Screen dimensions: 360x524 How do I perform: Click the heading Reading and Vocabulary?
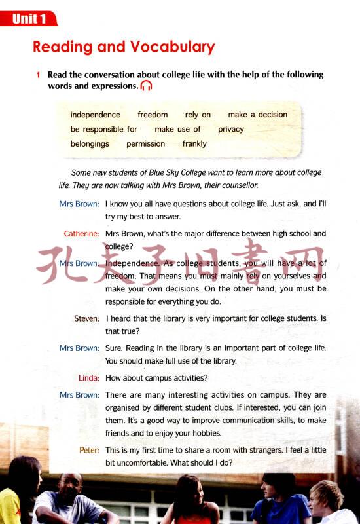(x=124, y=47)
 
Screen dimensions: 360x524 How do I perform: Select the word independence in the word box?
(x=95, y=115)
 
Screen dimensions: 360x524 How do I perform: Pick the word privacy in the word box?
(x=231, y=129)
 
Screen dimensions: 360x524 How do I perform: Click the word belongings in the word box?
(x=90, y=143)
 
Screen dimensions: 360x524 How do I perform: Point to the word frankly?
(x=194, y=143)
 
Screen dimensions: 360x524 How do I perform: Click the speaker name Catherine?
(x=81, y=234)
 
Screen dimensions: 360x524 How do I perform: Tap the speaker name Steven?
(x=86, y=318)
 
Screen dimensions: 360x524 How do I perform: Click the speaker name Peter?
(x=89, y=451)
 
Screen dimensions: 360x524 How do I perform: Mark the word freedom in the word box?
(x=153, y=115)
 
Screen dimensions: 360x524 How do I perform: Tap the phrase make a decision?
(x=257, y=115)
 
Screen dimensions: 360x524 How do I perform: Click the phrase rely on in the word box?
(x=198, y=115)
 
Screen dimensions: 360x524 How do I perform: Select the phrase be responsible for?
(x=103, y=129)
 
